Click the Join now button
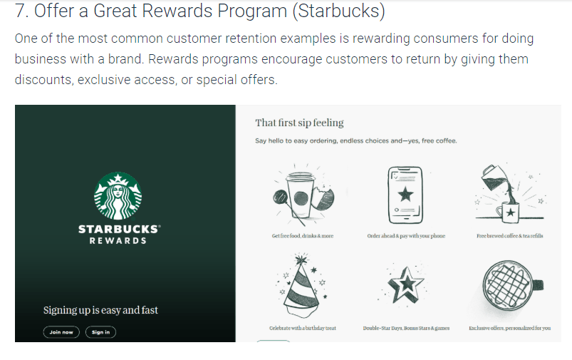61,332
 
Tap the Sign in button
100,332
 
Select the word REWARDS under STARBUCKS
118,241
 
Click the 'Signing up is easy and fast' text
100,310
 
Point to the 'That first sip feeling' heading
299,123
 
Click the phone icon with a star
405,191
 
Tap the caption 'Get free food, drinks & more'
302,236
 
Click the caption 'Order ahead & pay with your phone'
406,236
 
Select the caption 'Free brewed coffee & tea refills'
509,236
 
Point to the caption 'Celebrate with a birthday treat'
302,329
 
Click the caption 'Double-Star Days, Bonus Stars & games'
406,329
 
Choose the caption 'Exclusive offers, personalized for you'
509,329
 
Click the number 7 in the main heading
21,12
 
